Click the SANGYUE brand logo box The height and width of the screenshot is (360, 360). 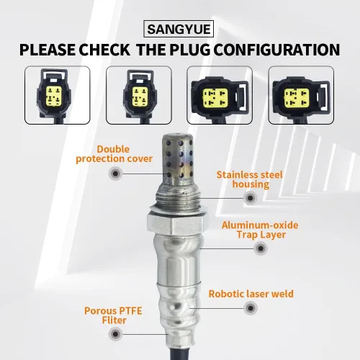(x=179, y=29)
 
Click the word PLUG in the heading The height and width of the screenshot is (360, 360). (x=189, y=50)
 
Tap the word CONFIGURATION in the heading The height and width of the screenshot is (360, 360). (x=276, y=50)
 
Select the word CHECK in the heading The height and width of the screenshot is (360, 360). (x=104, y=50)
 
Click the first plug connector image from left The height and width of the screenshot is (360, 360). (x=58, y=95)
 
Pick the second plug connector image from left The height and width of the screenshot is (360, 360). (x=139, y=95)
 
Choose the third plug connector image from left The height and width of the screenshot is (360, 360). (x=220, y=95)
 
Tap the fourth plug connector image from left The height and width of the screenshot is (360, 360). (x=301, y=95)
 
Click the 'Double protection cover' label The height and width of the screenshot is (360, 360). (x=114, y=154)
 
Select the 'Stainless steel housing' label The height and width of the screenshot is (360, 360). (x=250, y=179)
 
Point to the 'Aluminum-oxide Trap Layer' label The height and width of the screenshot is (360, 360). (x=260, y=230)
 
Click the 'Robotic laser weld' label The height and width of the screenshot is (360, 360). (x=251, y=294)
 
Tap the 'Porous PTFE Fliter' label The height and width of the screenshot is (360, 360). (x=113, y=315)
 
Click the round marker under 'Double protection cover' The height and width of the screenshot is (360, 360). (x=115, y=174)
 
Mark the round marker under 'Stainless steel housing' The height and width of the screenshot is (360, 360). (x=250, y=198)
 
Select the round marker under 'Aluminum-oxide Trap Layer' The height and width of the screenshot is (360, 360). (x=261, y=248)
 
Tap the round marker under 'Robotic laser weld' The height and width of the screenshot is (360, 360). (x=251, y=308)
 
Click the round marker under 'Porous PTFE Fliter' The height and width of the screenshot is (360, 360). (x=115, y=334)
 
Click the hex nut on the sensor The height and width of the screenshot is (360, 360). (x=177, y=224)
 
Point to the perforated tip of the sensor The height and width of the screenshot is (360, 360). (x=178, y=158)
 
